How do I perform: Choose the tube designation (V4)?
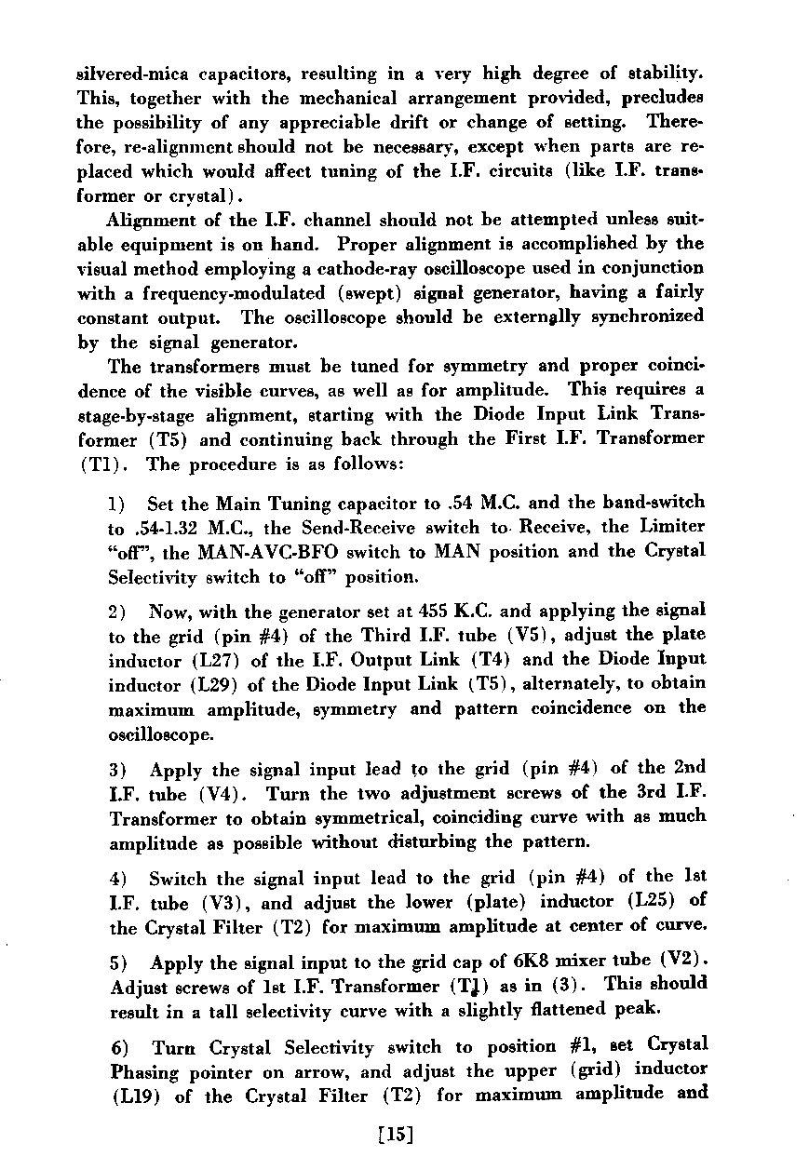[221, 794]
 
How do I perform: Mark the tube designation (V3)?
[221, 902]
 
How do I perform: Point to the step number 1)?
[117, 504]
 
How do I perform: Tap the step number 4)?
[117, 878]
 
